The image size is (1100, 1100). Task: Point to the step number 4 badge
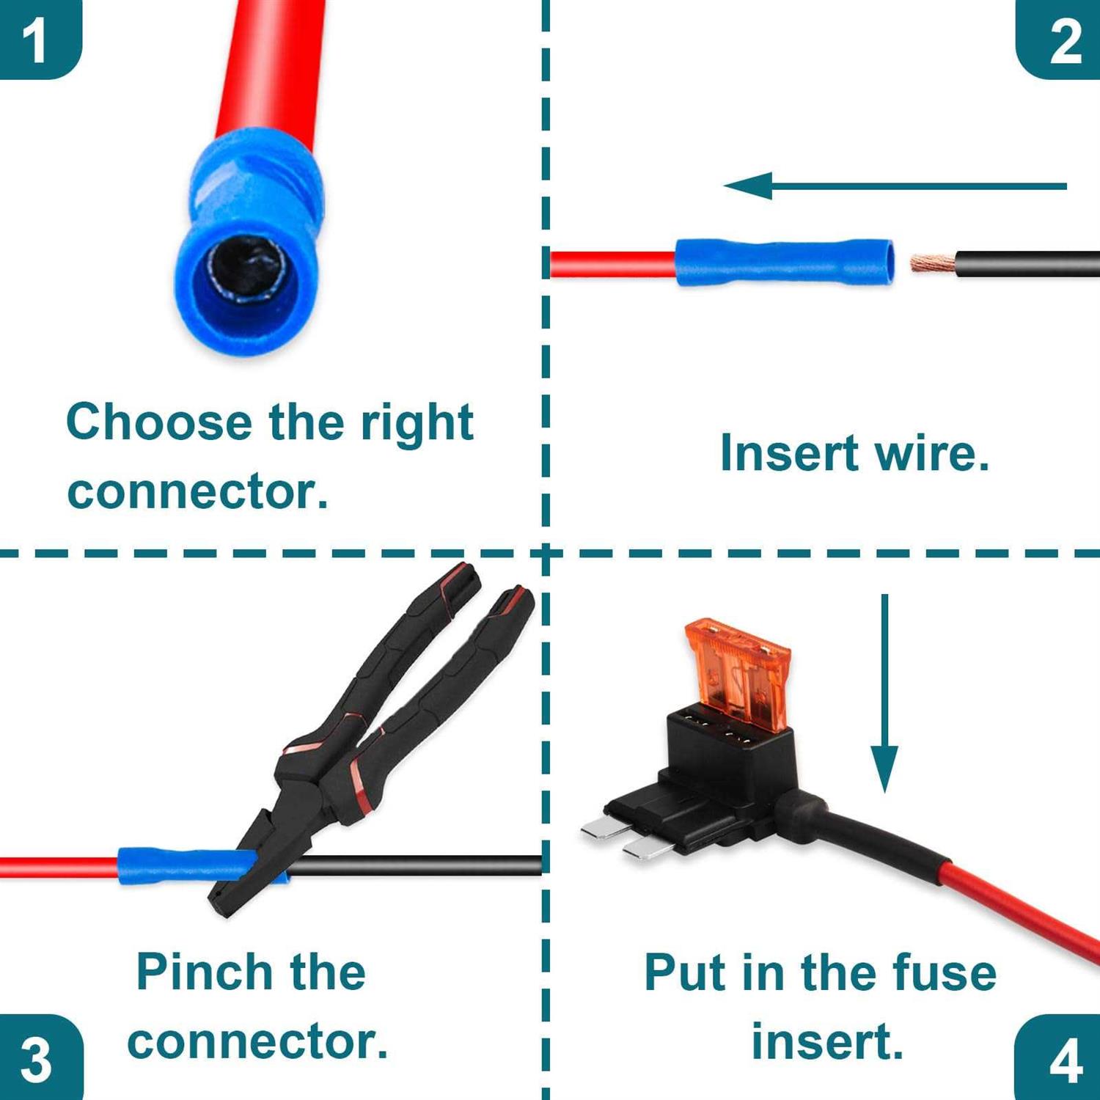pos(1058,1058)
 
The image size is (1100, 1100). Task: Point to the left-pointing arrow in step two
pos(895,186)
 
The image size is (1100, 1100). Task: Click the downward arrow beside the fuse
pos(884,693)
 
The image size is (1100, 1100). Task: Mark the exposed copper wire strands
pos(933,263)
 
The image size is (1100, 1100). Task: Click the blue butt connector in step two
pos(785,262)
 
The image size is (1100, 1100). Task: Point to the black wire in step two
pos(1027,264)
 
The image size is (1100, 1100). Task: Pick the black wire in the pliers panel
pos(414,865)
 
